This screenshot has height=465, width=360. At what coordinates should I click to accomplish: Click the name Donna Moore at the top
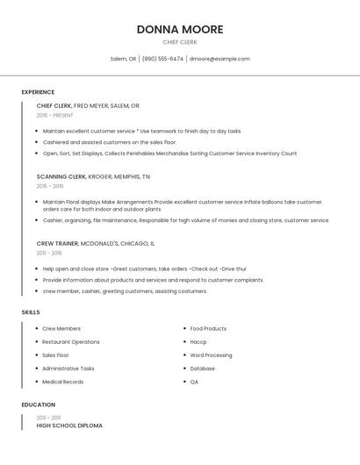click(x=180, y=29)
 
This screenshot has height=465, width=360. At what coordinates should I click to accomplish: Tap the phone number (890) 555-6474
click(x=162, y=59)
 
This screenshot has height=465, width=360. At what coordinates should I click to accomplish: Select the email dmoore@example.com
click(x=220, y=59)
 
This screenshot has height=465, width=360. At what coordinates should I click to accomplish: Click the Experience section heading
click(x=38, y=92)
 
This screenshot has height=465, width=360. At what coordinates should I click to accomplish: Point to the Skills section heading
click(x=31, y=312)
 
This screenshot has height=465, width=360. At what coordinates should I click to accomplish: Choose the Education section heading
click(x=39, y=405)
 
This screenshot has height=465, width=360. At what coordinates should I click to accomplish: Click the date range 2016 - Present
click(x=55, y=115)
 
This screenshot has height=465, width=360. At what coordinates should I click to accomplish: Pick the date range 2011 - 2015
click(x=49, y=253)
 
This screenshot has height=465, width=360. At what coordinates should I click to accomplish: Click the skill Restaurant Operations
click(x=71, y=342)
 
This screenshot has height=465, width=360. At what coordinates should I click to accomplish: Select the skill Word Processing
click(x=211, y=355)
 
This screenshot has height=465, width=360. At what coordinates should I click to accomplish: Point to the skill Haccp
click(x=198, y=342)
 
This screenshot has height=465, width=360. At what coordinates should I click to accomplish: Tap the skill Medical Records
click(x=63, y=382)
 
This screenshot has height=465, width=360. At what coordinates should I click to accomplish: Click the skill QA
click(x=194, y=382)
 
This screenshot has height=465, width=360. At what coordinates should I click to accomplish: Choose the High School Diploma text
click(x=69, y=426)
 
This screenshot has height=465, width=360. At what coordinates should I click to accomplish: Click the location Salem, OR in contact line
click(x=123, y=59)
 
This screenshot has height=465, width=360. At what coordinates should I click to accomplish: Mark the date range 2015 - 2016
click(x=50, y=186)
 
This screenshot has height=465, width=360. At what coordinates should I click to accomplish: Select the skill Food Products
click(x=208, y=329)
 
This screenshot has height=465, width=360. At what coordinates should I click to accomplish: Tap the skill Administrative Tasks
click(x=68, y=368)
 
